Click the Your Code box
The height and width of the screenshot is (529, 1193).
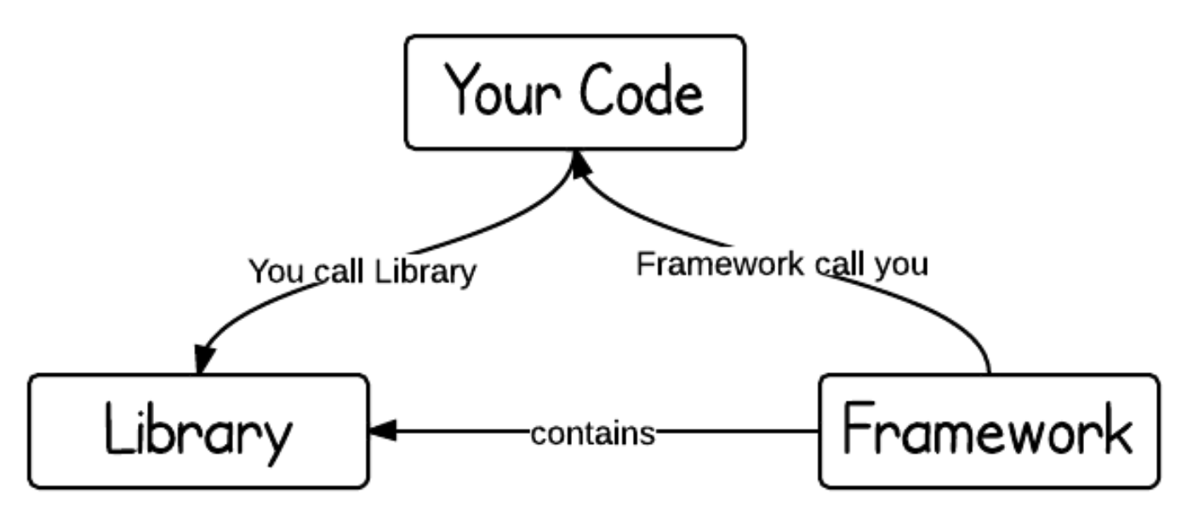(575, 92)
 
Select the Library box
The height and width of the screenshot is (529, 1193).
(198, 431)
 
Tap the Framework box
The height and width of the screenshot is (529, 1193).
(989, 431)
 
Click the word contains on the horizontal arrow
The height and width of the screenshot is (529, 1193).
(593, 434)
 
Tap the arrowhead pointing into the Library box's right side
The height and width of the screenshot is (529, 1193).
(383, 431)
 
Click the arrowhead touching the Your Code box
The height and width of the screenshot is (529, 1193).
(578, 164)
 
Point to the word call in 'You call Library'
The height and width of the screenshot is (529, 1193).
(339, 272)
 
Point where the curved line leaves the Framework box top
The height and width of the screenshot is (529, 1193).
(990, 372)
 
